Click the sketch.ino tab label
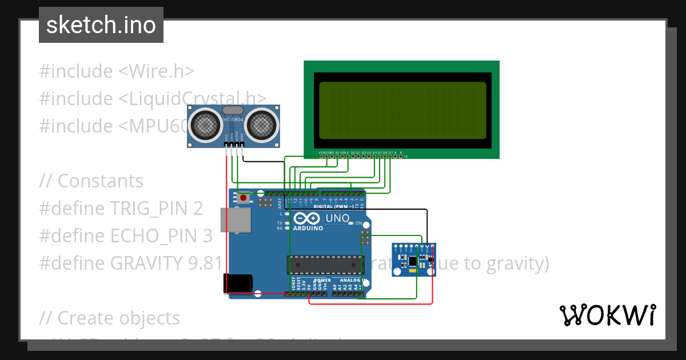101,25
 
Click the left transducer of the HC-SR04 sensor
204,125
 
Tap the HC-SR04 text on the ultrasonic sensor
233,119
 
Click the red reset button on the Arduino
244,198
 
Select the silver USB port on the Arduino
236,221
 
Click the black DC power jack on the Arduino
237,283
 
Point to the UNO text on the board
337,218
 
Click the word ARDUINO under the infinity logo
308,228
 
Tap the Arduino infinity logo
308,218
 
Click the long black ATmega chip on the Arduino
325,265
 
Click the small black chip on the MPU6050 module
412,260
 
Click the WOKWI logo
607,315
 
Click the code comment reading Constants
101,181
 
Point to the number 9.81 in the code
204,263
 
